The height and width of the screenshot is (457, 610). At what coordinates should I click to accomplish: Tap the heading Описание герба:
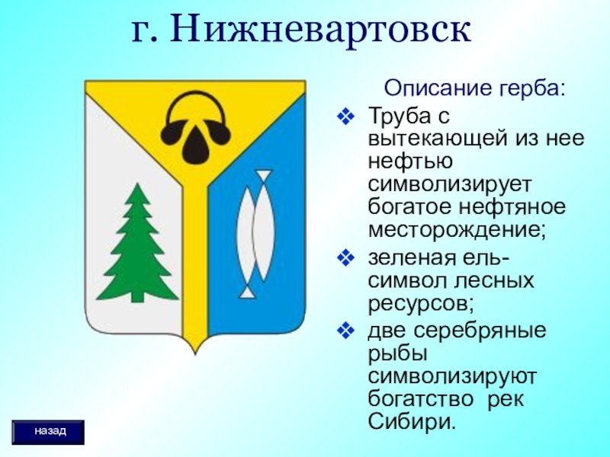[x=474, y=88]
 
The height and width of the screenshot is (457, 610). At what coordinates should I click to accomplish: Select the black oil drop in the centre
[x=195, y=145]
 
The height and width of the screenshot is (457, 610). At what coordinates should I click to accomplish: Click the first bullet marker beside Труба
[x=345, y=117]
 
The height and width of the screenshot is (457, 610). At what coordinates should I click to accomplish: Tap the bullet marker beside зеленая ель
[x=345, y=258]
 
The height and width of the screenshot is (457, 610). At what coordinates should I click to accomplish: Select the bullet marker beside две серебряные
[x=345, y=331]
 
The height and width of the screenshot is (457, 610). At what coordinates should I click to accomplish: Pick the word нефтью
[x=410, y=161]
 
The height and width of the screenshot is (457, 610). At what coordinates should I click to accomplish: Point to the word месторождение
[x=457, y=229]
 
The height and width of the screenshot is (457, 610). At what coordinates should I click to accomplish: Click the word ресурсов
[x=421, y=303]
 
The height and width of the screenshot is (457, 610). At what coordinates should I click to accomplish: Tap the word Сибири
[x=411, y=421]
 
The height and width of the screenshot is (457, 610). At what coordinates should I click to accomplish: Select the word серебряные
[x=480, y=331]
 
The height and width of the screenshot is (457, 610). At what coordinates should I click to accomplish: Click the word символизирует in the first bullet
[x=449, y=184]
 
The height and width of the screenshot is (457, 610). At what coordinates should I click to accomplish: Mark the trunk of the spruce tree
[x=137, y=297]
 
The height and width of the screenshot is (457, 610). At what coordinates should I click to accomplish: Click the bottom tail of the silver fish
[x=247, y=292]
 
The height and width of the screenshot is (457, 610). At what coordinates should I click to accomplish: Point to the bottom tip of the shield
[x=195, y=354]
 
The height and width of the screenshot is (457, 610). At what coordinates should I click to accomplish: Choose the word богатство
[x=421, y=398]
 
